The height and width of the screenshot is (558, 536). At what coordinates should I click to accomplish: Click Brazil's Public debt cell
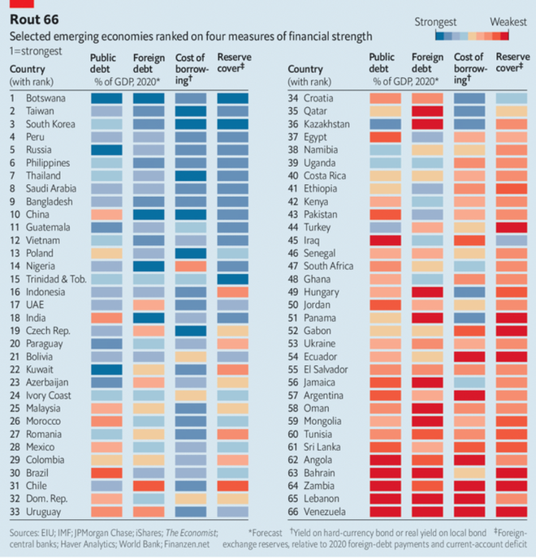tap(106, 473)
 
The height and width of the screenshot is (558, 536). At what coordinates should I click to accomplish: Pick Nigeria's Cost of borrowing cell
tap(191, 266)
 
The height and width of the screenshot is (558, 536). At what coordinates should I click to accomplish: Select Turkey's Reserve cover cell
tap(512, 227)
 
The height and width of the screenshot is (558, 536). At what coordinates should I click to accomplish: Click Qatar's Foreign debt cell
tap(427, 111)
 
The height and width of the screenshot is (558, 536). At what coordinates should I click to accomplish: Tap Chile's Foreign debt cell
tap(149, 486)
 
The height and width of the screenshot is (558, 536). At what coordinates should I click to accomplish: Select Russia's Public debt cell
tap(106, 150)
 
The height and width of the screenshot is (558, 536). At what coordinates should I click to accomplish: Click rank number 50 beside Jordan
tap(294, 305)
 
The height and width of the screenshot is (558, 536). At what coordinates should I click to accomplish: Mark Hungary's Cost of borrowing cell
tap(469, 292)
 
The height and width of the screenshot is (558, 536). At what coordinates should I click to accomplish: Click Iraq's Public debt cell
tap(385, 240)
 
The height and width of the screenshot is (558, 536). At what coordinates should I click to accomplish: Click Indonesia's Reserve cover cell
tap(233, 292)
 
